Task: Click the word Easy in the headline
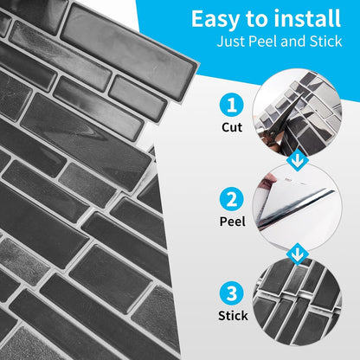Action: pyautogui.click(x=215, y=20)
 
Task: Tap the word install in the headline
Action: pyautogui.click(x=307, y=18)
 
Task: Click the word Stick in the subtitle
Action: pyautogui.click(x=325, y=42)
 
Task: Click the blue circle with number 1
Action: pyautogui.click(x=232, y=106)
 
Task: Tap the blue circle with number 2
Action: pyautogui.click(x=232, y=200)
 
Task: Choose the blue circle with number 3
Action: pyautogui.click(x=232, y=293)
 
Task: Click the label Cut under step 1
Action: pyautogui.click(x=232, y=127)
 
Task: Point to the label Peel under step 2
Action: pyautogui.click(x=233, y=222)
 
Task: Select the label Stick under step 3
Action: pyautogui.click(x=233, y=316)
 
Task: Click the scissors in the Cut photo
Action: pyautogui.click(x=276, y=127)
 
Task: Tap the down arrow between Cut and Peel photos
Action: pyautogui.click(x=298, y=160)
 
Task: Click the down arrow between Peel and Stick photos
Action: pyautogui.click(x=298, y=254)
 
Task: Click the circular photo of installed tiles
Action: pyautogui.click(x=298, y=301)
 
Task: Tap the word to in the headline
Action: pyautogui.click(x=256, y=20)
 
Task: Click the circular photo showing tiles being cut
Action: pyautogui.click(x=298, y=113)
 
